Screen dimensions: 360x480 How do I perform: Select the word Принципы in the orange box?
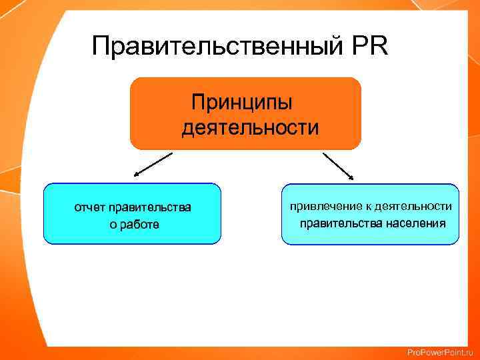tap(241, 103)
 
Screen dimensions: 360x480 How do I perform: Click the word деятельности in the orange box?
tap(250, 127)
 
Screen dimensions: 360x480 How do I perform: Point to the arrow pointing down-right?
tap(339, 165)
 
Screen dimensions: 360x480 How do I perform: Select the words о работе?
tap(134, 225)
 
